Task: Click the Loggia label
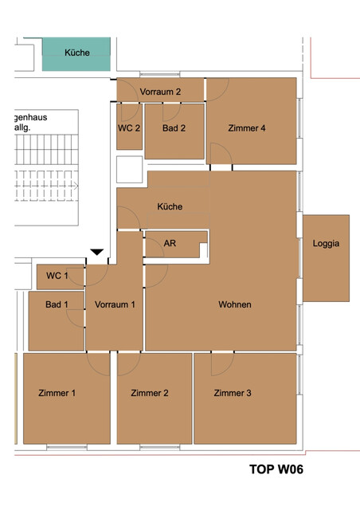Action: [x=326, y=244]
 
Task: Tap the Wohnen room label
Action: [x=235, y=304]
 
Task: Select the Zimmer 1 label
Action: [x=57, y=393]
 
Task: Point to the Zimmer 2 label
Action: [x=150, y=393]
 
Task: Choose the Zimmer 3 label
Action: [x=233, y=393]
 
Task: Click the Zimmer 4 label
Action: [x=246, y=127]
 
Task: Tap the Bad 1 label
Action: [x=56, y=304]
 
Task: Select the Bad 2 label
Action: [x=174, y=127]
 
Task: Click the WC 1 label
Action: [x=57, y=276]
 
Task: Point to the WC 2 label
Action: [x=129, y=127]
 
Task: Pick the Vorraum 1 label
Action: [x=115, y=304]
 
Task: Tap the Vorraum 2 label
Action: [x=160, y=92]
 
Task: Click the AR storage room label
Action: [x=170, y=244]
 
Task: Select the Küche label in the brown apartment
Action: [x=170, y=206]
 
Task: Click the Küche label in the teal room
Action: [x=77, y=53]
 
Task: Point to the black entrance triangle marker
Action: [x=96, y=253]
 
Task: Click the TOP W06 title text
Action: [x=276, y=469]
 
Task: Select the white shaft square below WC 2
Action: [x=129, y=170]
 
